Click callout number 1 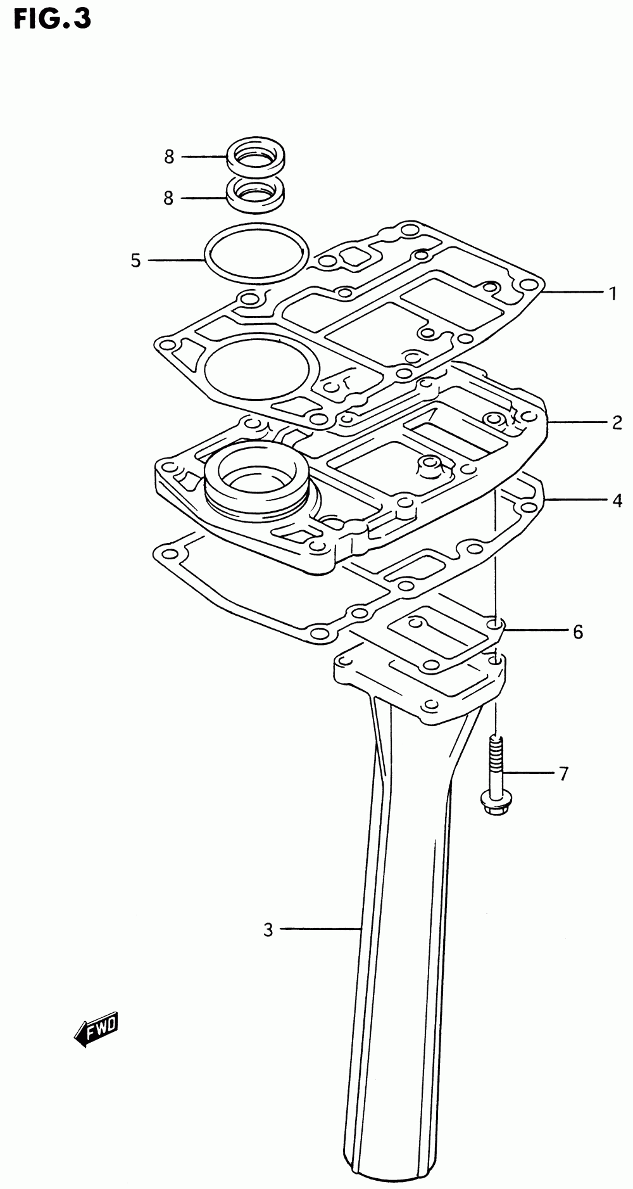coord(612,293)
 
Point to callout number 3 coord(268,930)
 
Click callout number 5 coord(135,260)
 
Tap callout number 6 coord(577,632)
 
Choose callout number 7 coord(563,773)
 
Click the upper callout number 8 coord(169,157)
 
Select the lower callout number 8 coord(168,198)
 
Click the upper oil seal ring coord(256,156)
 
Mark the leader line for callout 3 coord(320,929)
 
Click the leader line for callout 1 coord(572,292)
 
